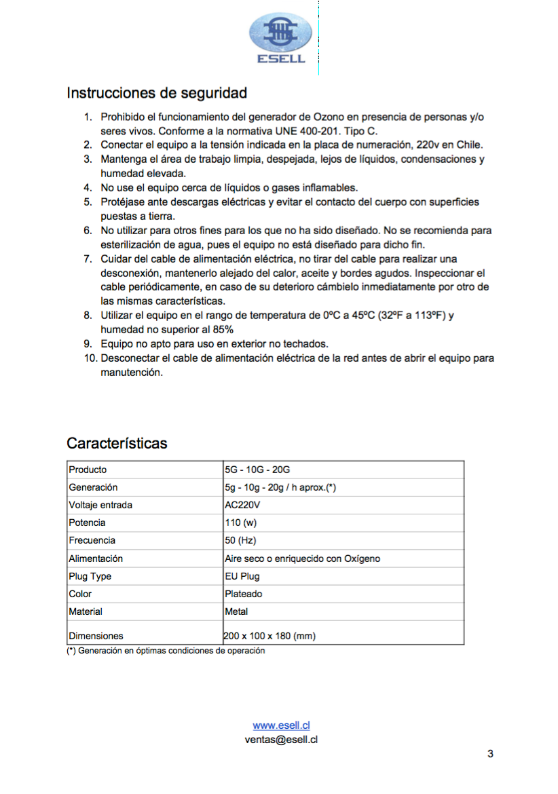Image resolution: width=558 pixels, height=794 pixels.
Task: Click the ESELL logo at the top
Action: (x=281, y=39)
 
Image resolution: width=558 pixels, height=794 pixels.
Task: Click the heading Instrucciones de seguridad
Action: (x=156, y=92)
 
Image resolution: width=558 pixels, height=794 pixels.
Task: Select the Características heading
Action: (x=117, y=443)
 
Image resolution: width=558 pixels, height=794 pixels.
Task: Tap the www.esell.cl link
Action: (x=281, y=725)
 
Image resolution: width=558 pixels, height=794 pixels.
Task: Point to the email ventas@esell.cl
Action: (x=281, y=740)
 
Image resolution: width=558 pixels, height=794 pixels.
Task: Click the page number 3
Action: (x=490, y=754)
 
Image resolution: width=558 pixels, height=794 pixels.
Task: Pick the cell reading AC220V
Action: (x=243, y=505)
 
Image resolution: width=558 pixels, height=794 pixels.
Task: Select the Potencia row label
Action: (x=87, y=523)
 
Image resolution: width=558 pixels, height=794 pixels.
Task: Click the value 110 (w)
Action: (x=240, y=523)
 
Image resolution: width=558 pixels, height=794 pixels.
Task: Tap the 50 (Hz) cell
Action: (x=240, y=540)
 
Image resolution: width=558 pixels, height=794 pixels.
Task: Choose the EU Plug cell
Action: (x=242, y=576)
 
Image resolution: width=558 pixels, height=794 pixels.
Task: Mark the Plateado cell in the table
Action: (x=244, y=594)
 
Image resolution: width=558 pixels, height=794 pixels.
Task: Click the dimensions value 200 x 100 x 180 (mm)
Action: (x=270, y=636)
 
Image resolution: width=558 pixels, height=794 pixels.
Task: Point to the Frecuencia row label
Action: (x=92, y=540)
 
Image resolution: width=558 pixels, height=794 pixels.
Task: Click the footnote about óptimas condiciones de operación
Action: (x=166, y=651)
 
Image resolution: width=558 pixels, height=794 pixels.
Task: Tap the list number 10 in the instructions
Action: (x=91, y=358)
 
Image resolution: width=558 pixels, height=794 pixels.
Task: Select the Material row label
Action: (x=86, y=611)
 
